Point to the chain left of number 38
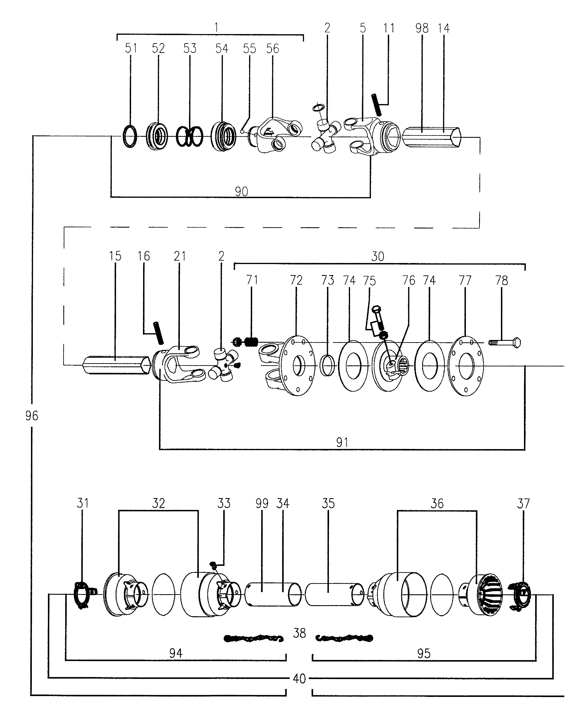point(253,638)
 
